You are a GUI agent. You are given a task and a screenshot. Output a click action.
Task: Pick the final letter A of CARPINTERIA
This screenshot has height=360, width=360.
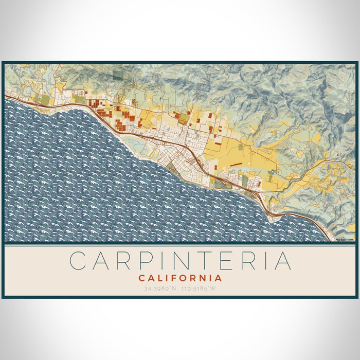coord(282,261)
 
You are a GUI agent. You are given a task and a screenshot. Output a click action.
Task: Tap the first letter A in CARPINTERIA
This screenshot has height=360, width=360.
coord(102,261)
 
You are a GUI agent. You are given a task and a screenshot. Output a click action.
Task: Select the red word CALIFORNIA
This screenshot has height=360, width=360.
coord(180,278)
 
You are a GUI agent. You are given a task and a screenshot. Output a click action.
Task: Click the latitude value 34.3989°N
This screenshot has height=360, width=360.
coord(160,289)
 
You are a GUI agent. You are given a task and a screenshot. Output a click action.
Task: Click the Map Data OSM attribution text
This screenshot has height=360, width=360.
coord(344,239)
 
